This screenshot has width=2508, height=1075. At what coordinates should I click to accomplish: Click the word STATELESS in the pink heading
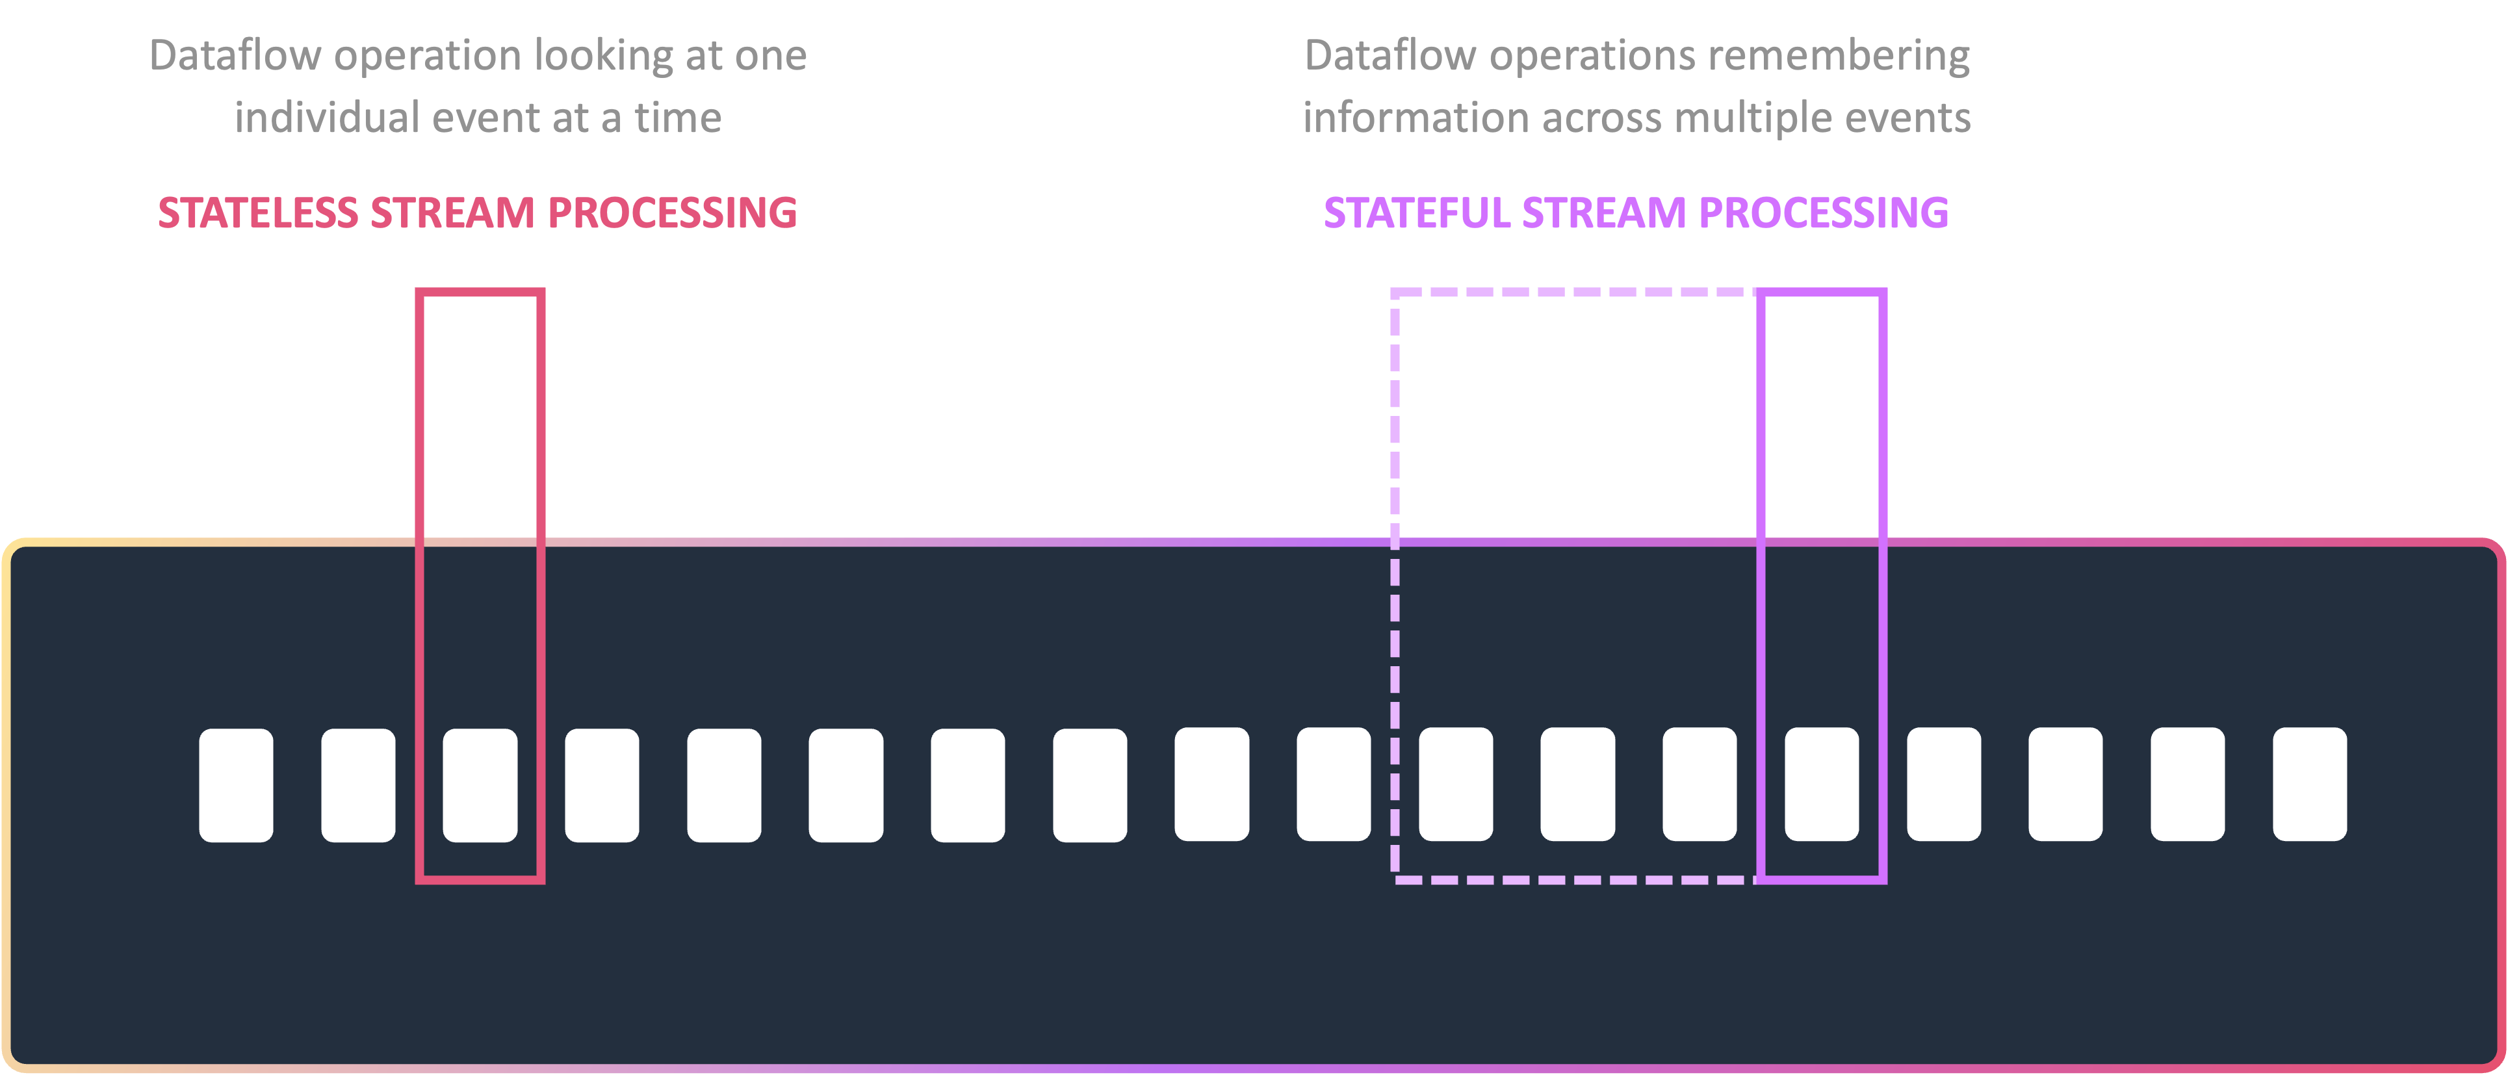[x=258, y=213]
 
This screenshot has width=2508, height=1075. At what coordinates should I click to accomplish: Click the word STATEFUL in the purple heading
[x=1417, y=213]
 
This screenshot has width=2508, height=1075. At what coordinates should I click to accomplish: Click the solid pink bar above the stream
[x=480, y=409]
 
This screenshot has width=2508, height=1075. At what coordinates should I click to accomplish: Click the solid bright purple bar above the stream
[x=1820, y=409]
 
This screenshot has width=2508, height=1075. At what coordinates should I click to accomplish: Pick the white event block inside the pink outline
[x=480, y=785]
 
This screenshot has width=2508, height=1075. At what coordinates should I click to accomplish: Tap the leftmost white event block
[x=236, y=785]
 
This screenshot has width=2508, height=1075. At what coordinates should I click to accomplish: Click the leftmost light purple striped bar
[x=1405, y=409]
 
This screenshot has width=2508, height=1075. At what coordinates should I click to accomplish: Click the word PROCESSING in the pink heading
[x=673, y=213]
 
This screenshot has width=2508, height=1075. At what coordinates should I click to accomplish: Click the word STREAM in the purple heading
[x=1603, y=213]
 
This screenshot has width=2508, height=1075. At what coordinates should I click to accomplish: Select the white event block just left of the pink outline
[x=358, y=785]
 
